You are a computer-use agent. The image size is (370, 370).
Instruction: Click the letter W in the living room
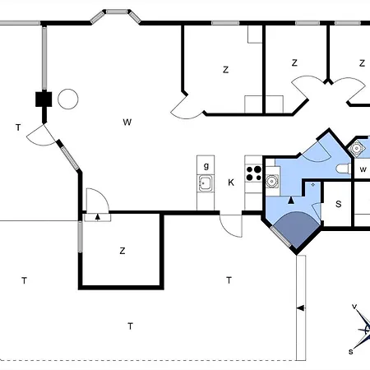point(127,122)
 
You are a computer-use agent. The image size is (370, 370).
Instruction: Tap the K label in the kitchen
point(231,183)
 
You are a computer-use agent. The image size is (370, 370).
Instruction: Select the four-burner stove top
point(254,173)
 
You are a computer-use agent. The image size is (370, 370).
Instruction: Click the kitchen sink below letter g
point(206,183)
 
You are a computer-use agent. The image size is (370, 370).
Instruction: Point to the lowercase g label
point(206,166)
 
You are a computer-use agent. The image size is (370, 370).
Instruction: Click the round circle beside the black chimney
point(68,99)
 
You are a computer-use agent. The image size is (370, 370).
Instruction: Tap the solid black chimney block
point(44,99)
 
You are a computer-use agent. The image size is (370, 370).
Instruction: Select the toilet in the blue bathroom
point(344,169)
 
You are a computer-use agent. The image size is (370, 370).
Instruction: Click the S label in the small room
point(339,204)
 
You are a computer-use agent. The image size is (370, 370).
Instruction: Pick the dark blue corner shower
point(297,229)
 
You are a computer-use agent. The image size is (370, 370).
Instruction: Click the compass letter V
point(354,307)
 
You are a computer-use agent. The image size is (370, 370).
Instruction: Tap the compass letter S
point(351,352)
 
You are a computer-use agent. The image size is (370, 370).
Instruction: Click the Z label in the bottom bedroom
point(123,251)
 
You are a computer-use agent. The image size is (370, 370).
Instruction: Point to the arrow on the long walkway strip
point(301,308)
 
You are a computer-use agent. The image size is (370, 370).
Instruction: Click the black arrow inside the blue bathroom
point(291,201)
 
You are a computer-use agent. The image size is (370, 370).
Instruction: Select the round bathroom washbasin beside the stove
point(272,181)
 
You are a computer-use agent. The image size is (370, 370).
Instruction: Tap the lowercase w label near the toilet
point(363,169)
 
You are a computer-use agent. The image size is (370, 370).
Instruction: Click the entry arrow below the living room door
point(97,217)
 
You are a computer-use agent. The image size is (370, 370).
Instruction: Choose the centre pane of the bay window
point(117,12)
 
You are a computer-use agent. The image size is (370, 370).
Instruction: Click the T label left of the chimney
point(18,127)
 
